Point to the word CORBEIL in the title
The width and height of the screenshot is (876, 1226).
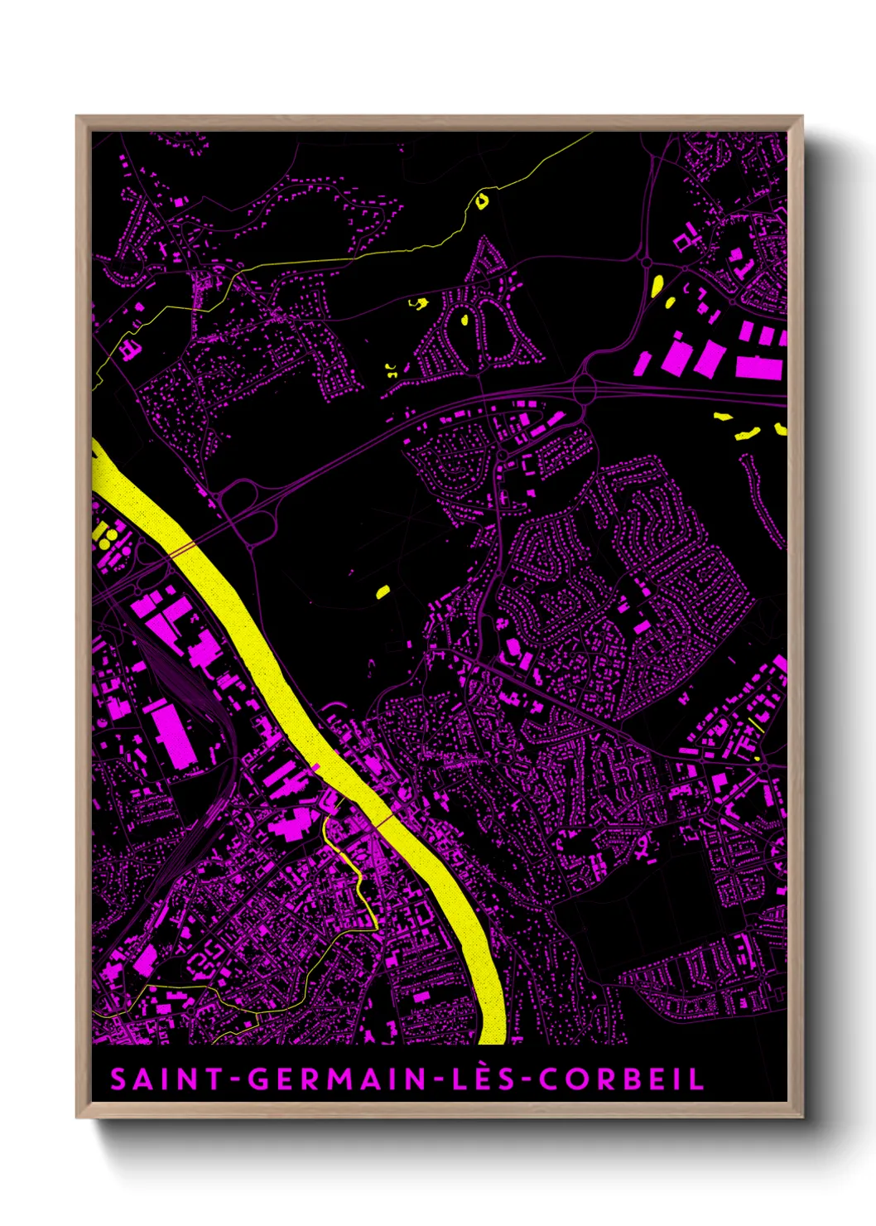click(621, 1079)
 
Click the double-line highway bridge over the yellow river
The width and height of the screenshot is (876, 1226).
click(183, 549)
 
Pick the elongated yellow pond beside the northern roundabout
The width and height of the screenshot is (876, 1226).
click(657, 286)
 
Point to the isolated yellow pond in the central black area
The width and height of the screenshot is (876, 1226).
click(383, 591)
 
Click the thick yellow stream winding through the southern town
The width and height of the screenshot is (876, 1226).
click(356, 878)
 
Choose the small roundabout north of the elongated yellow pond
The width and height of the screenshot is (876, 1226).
click(647, 262)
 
